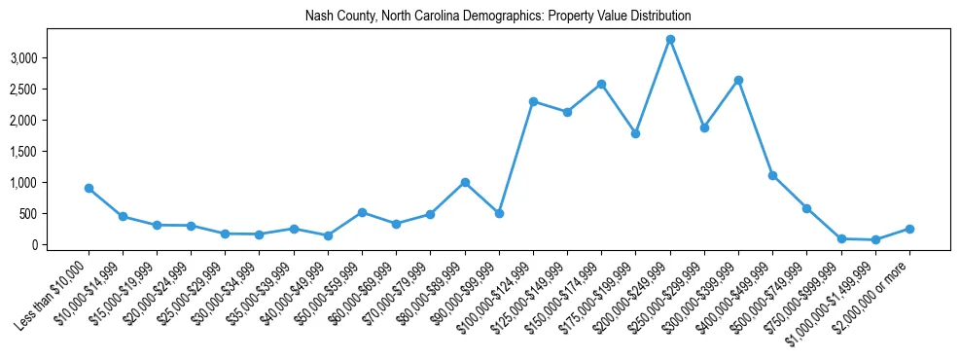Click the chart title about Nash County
click(x=483, y=16)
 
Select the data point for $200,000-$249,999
click(x=670, y=39)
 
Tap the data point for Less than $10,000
click(x=89, y=188)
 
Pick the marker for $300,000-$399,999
click(x=738, y=80)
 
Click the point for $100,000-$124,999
click(x=533, y=101)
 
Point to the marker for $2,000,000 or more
click(x=909, y=229)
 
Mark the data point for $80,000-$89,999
click(x=465, y=182)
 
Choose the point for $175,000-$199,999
click(x=635, y=133)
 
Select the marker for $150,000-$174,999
click(x=601, y=84)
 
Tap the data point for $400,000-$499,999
click(x=772, y=175)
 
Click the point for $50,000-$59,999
click(x=362, y=212)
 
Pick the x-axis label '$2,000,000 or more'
click(x=872, y=294)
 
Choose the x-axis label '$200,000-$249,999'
click(x=633, y=294)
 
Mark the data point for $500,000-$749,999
click(x=806, y=208)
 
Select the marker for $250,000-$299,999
click(x=704, y=127)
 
